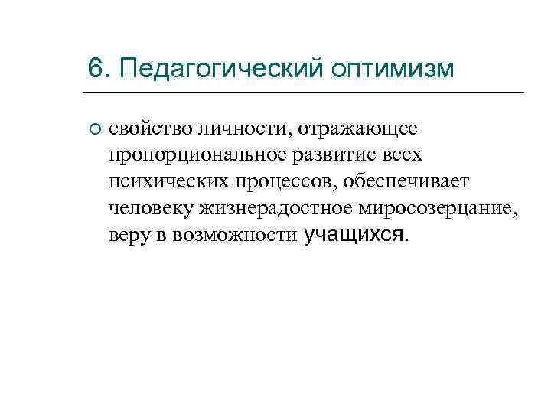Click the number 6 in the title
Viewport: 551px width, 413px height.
[x=95, y=68]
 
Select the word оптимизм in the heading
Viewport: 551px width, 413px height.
[x=393, y=69]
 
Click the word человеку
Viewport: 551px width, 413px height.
[x=152, y=208]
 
